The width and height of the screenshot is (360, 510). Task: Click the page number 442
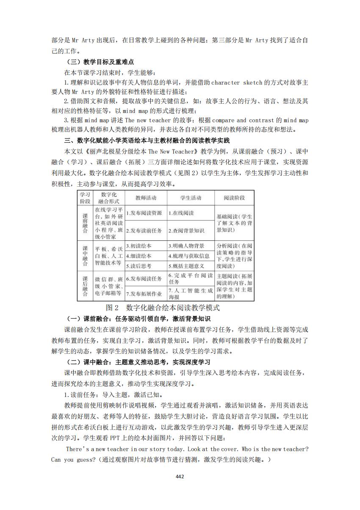tap(180, 477)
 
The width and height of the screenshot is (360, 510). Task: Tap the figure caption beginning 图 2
tap(163, 307)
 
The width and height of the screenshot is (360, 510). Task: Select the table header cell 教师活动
tap(146, 198)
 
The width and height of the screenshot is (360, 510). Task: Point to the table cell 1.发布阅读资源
tap(144, 213)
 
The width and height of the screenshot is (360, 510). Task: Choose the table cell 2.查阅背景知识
tap(186, 231)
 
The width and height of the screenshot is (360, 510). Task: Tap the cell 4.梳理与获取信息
tap(189, 256)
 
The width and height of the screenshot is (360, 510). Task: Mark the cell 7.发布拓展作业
tap(144, 293)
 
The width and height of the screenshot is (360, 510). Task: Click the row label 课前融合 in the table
tap(85, 223)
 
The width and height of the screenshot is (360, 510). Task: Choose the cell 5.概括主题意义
tap(186, 266)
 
